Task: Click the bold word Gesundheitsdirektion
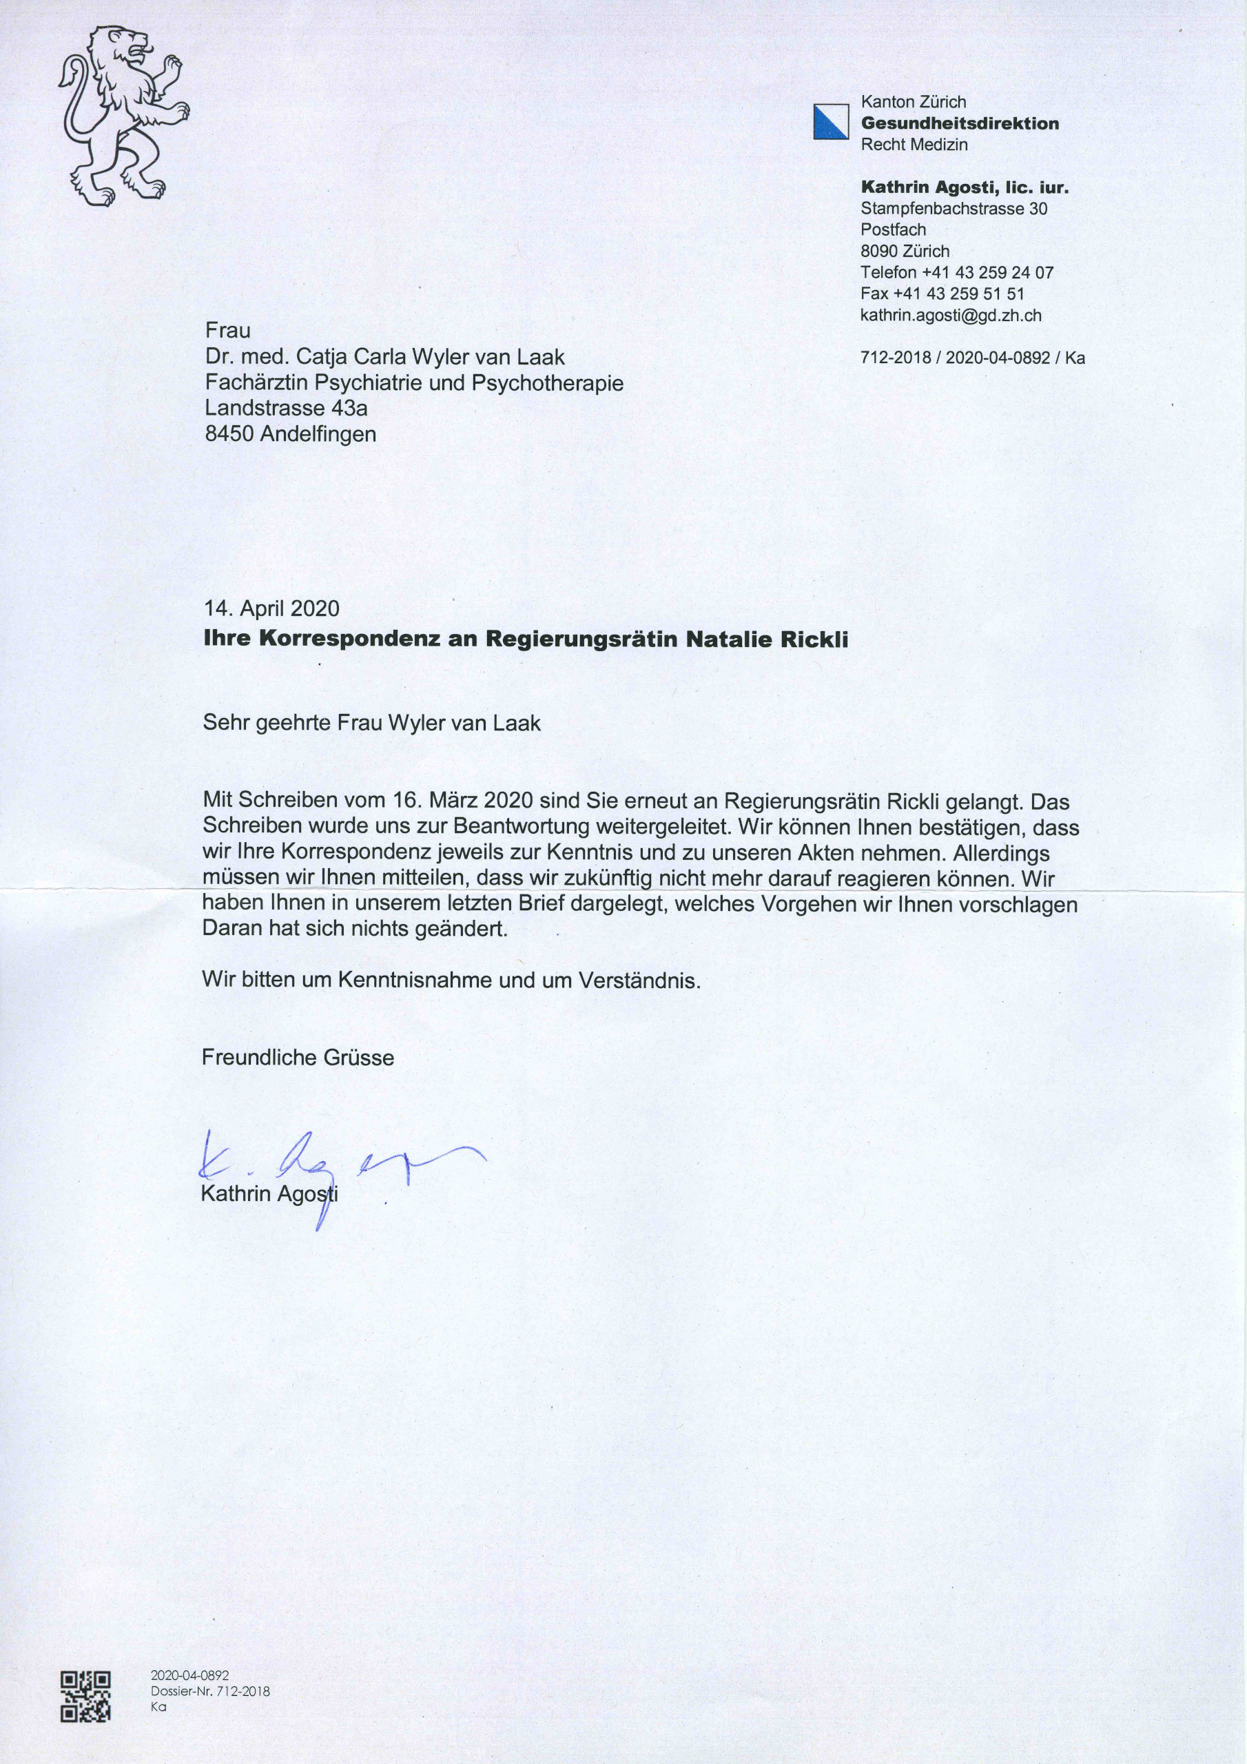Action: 960,123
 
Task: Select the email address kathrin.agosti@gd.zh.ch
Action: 951,315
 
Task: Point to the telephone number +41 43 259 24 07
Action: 987,272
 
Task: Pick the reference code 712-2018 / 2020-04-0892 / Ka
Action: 972,358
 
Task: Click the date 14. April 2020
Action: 271,608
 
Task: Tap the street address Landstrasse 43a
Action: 287,408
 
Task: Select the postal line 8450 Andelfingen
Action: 291,434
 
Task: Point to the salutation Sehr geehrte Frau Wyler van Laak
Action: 372,723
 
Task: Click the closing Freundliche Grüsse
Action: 298,1057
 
